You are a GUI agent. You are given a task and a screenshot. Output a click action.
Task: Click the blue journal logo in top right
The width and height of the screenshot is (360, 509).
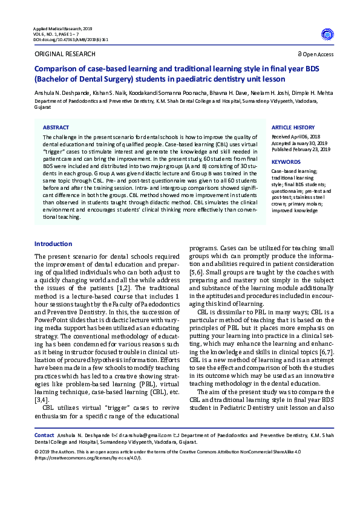click(x=327, y=34)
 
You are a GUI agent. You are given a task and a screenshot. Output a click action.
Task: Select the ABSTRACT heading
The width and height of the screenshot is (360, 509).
click(x=56, y=128)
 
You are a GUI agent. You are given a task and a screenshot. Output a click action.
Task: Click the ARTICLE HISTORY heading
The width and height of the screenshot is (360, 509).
click(x=293, y=128)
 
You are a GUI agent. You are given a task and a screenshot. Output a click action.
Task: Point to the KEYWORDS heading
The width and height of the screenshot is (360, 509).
click(x=286, y=163)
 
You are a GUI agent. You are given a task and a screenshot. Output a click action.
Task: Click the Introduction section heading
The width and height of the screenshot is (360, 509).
click(x=53, y=244)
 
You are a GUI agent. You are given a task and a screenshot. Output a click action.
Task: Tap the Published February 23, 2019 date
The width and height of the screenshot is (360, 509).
click(x=301, y=149)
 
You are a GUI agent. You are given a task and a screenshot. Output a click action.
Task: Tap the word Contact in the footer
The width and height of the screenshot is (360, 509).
click(x=44, y=435)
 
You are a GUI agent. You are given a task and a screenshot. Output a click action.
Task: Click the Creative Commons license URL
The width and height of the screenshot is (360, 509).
click(x=85, y=458)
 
